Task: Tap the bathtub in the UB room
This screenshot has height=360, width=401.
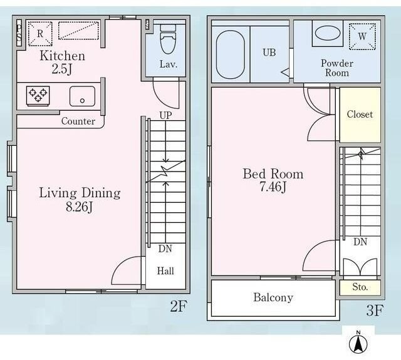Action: pyautogui.click(x=231, y=54)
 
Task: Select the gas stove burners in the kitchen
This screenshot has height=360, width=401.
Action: pyautogui.click(x=38, y=96)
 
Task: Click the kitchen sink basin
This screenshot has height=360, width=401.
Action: pyautogui.click(x=82, y=96)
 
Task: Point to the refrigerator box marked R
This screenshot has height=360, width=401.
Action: pyautogui.click(x=40, y=34)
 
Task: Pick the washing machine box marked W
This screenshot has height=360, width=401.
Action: pyautogui.click(x=362, y=36)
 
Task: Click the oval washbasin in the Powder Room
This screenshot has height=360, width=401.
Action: pyautogui.click(x=328, y=33)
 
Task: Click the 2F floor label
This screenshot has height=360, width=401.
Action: pyautogui.click(x=179, y=306)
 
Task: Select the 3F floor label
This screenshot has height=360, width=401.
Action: pyautogui.click(x=375, y=311)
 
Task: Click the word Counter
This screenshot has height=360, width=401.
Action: pyautogui.click(x=78, y=121)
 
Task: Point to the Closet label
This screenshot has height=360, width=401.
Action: pyautogui.click(x=360, y=114)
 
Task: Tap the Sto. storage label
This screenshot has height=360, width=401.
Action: pyautogui.click(x=360, y=287)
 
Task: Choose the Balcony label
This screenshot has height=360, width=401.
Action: pyautogui.click(x=273, y=297)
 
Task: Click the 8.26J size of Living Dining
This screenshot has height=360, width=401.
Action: pyautogui.click(x=79, y=207)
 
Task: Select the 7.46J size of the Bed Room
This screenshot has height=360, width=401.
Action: pyautogui.click(x=273, y=187)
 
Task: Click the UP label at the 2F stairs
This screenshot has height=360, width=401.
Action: pyautogui.click(x=165, y=115)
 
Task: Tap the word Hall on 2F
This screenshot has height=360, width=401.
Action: pyautogui.click(x=165, y=271)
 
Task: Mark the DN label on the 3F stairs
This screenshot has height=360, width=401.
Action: pyautogui.click(x=360, y=242)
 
